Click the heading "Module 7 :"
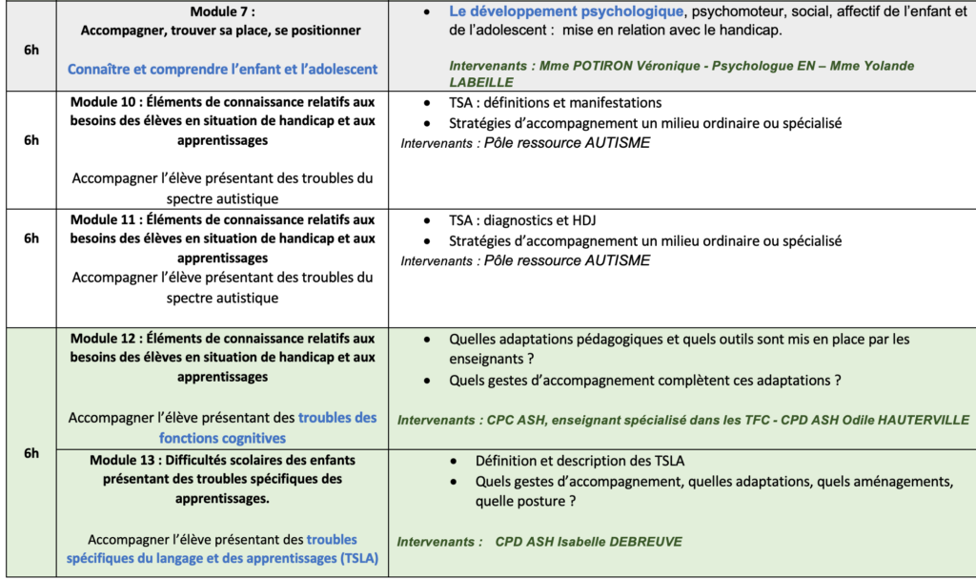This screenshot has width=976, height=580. point(221,12)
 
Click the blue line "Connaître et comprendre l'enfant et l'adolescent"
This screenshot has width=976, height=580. point(222,69)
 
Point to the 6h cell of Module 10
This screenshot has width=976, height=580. point(30,140)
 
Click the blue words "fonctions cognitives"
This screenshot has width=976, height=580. point(222,438)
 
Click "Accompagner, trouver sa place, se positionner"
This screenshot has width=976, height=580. point(221,31)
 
